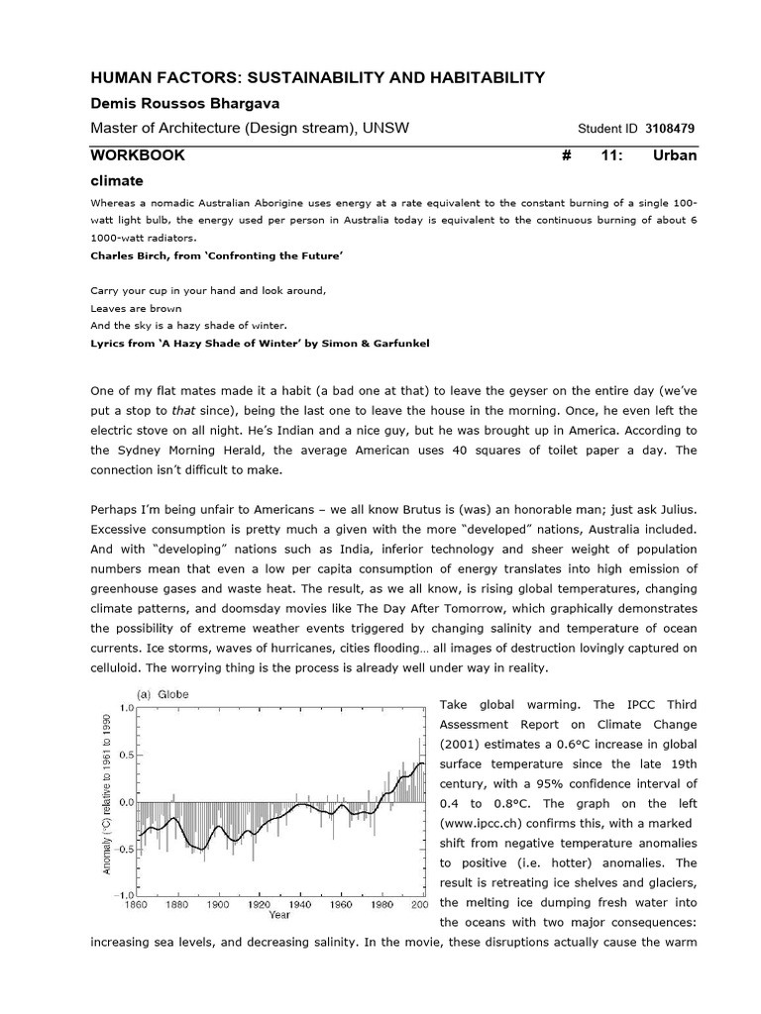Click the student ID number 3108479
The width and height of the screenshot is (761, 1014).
click(x=672, y=128)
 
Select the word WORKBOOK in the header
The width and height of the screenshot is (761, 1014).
click(x=137, y=155)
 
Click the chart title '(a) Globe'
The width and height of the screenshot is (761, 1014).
click(x=157, y=694)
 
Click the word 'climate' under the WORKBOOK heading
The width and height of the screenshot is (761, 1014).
click(x=117, y=180)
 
